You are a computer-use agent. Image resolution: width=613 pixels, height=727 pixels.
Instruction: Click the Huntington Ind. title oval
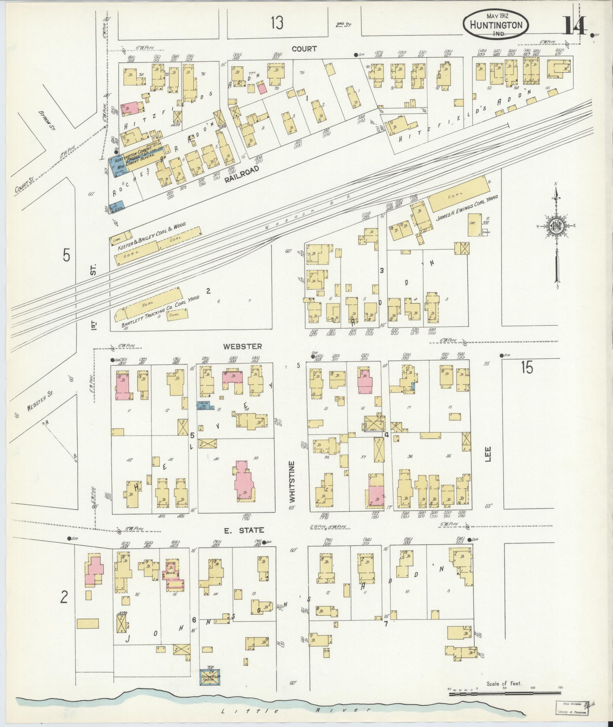pos(495,24)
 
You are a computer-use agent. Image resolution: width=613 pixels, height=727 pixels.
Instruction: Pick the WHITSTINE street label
pos(292,481)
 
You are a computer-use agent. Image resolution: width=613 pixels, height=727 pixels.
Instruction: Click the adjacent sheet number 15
pos(527,368)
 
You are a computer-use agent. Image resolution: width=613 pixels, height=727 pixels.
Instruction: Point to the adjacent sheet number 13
pos(277,24)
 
